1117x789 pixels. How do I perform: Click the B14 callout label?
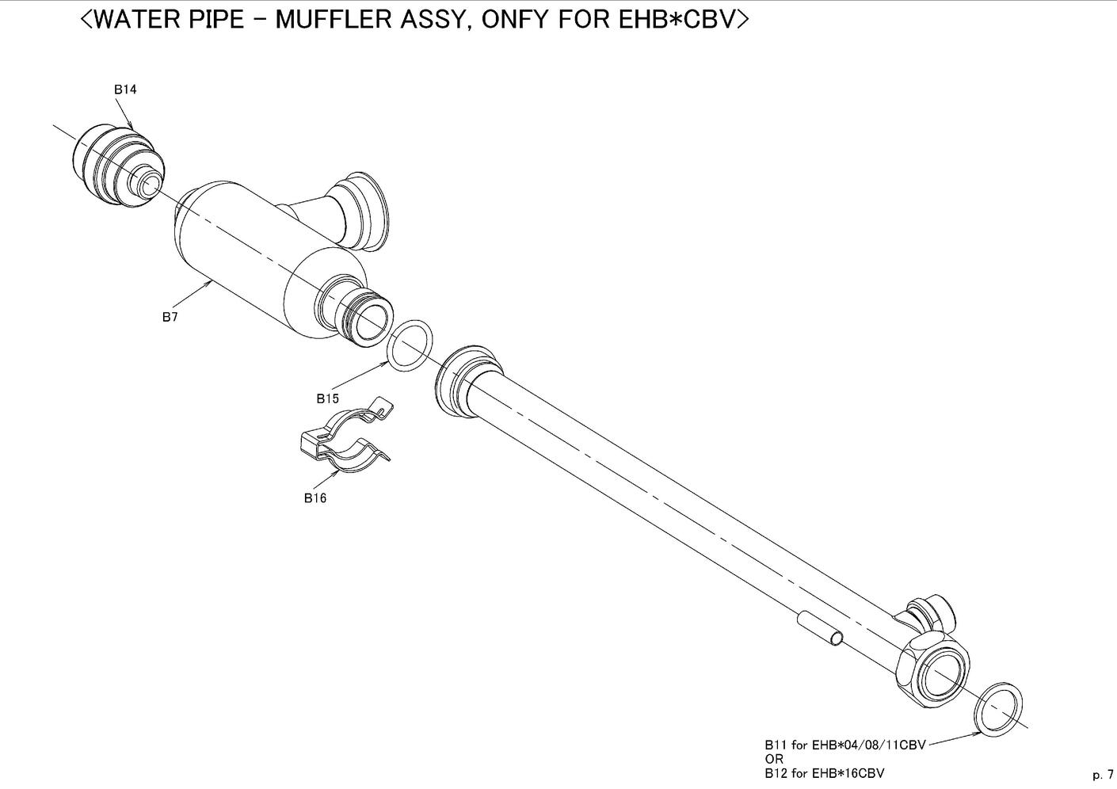(125, 90)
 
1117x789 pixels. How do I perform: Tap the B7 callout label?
(170, 317)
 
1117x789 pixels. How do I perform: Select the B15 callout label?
(328, 398)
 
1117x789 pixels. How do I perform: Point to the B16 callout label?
(315, 497)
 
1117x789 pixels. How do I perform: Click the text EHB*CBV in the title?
(677, 20)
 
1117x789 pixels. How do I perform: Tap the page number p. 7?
(1103, 775)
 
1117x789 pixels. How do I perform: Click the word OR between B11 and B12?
(775, 759)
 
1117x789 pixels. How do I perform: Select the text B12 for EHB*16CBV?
(825, 773)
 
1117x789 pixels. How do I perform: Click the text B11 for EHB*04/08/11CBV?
(845, 745)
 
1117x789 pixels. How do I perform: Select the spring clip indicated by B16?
(344, 436)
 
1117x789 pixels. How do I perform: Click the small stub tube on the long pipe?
(820, 630)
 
